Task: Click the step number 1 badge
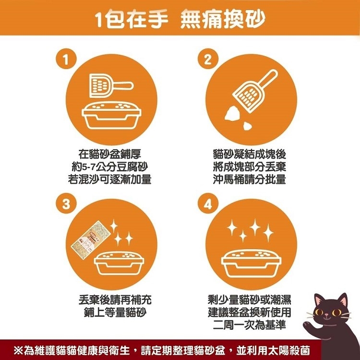coord(66,59)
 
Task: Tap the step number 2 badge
coord(208,59)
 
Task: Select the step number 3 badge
coord(66,203)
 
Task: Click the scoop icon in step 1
coord(111,86)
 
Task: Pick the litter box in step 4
coord(251,264)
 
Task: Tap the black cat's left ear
coord(319,300)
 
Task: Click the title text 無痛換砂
coord(222,19)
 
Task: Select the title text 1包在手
coord(132,19)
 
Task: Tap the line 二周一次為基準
coord(250,324)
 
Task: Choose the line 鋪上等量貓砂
coord(115,312)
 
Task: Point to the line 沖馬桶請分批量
coord(250,180)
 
